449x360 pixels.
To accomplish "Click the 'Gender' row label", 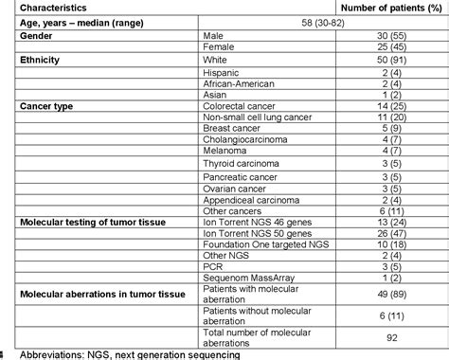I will (37, 35).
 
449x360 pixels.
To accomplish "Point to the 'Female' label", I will (220, 48).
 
